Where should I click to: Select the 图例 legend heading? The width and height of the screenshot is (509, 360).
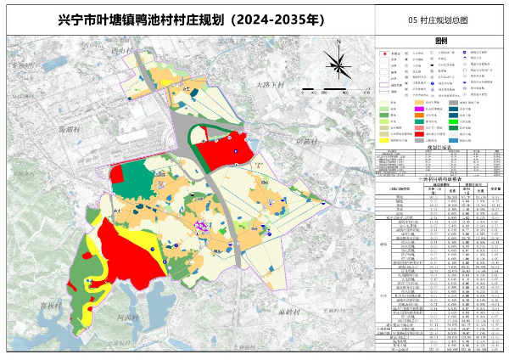[x=439, y=40]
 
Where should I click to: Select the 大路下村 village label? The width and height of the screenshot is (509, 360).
[x=271, y=85]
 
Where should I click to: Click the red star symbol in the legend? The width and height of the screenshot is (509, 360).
[x=383, y=53]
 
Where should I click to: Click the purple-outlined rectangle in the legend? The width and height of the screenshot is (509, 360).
[x=384, y=85]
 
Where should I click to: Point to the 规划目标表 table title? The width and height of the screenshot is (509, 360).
[x=439, y=146]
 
